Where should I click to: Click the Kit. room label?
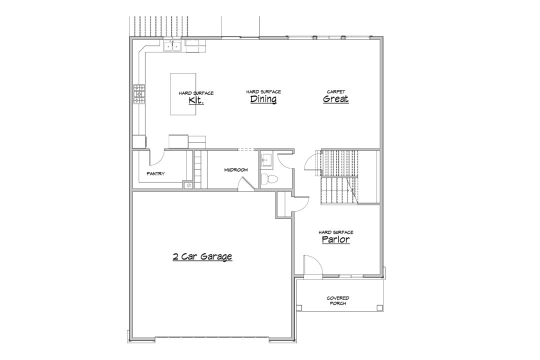pos(196,100)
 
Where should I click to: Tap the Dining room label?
pos(263,99)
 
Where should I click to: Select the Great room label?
pos(336,99)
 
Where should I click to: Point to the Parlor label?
pos(336,239)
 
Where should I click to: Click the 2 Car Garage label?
pos(202,256)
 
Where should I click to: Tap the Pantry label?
pos(155,173)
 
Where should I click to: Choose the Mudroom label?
pos(236,170)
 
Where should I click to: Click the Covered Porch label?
pos(338,300)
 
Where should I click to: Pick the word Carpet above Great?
pos(336,91)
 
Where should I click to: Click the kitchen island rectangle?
pos(183,93)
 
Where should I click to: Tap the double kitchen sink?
pos(172,46)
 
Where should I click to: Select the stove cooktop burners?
pos(139,94)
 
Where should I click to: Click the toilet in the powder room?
pos(268,179)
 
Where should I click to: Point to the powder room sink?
pos(266,160)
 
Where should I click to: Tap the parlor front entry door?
pos(312,266)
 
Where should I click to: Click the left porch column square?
pos(299,307)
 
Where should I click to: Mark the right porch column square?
pos(379,307)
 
